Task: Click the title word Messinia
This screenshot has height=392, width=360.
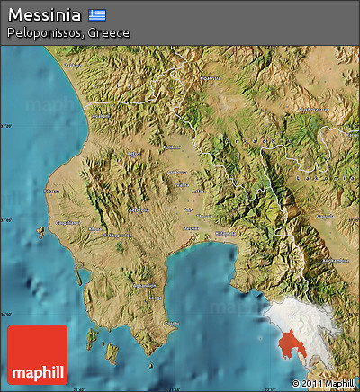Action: coord(44,15)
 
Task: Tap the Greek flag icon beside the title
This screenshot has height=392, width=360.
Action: coord(97,15)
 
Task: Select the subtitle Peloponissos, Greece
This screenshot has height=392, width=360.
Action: coord(67,32)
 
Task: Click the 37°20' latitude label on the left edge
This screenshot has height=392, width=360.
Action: coord(5,126)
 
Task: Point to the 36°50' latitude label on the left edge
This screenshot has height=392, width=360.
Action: coord(5,314)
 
